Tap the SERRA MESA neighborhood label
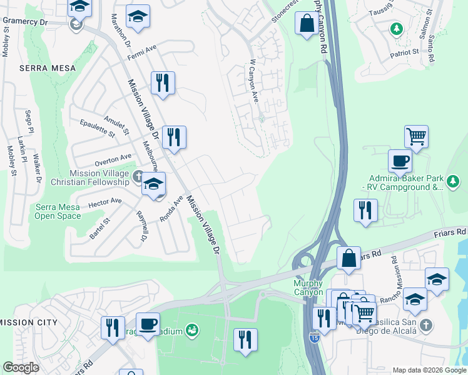point(47,67)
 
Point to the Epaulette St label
point(98,127)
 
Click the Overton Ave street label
point(113,159)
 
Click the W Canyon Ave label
point(255,81)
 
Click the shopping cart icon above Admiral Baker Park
point(416,135)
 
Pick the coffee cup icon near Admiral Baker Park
point(400,161)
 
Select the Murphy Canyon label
point(308,288)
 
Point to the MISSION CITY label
point(29,322)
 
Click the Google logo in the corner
point(21,367)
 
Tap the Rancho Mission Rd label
point(398,275)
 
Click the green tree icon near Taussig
point(396,29)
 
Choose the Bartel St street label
point(99,229)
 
